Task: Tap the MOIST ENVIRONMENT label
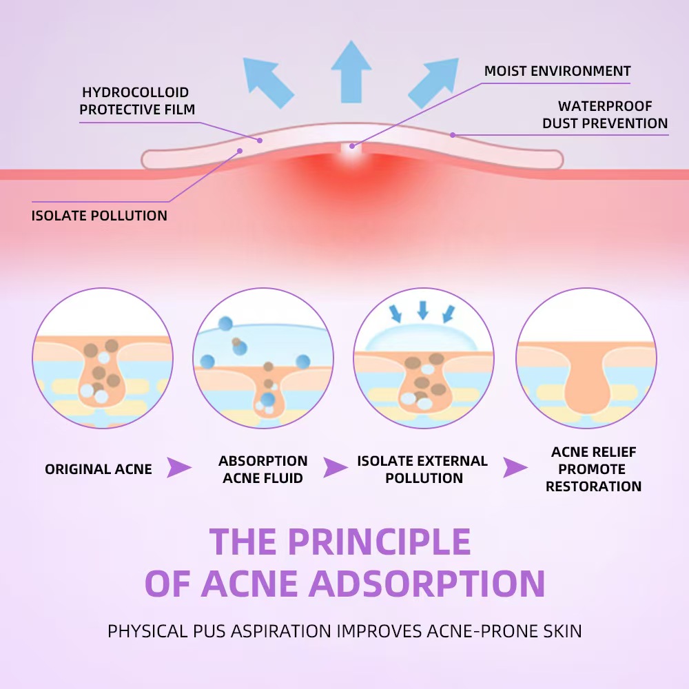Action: point(557,71)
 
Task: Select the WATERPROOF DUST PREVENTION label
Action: point(605,115)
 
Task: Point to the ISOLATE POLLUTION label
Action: point(99,216)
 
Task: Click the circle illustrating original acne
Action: point(103,358)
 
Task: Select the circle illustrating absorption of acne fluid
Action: point(263,358)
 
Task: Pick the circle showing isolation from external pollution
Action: point(424,358)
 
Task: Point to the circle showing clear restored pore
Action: point(586,358)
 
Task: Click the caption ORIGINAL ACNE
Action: point(99,469)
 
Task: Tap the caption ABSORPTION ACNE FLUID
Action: point(263,469)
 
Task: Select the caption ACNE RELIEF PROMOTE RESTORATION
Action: point(593,469)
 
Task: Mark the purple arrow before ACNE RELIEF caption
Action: point(515,468)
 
